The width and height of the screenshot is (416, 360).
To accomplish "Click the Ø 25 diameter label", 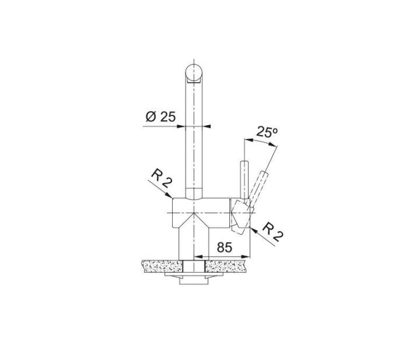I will coord(161,116).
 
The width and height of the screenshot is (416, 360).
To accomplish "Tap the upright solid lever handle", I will coord(243,179).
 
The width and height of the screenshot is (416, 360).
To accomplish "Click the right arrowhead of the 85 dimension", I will coord(248,256).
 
